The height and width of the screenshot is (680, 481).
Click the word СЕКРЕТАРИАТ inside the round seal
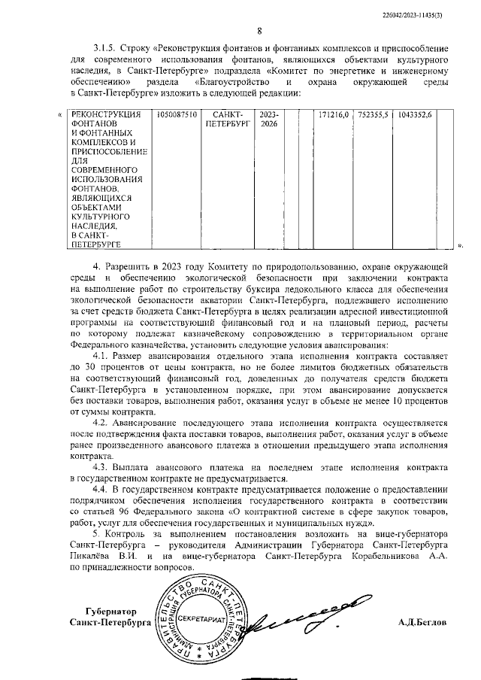tap(198, 618)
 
